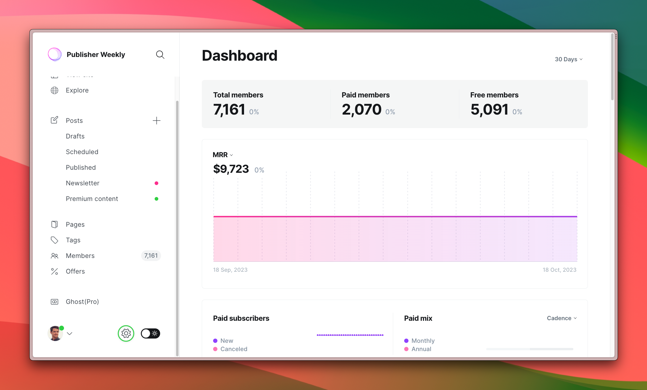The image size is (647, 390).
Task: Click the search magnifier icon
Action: pos(160,55)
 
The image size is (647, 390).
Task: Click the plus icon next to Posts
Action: pos(156,120)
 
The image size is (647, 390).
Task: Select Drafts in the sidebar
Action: pos(75,136)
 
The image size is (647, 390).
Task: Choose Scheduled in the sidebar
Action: pos(82,152)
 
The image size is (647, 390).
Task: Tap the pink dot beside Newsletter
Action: pos(156,183)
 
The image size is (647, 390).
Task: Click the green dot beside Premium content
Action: pos(156,199)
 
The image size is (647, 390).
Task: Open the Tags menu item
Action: pos(73,240)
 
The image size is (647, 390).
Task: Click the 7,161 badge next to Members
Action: pos(151,256)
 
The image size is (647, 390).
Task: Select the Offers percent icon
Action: pos(55,271)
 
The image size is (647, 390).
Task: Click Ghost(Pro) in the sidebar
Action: pos(82,301)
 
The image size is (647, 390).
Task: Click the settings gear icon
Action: pos(126,333)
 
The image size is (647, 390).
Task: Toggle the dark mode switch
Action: pos(150,333)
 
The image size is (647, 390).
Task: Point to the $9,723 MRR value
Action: pos(231,169)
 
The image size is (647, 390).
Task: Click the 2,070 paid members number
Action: pos(362,110)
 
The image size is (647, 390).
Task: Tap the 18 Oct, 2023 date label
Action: pos(559,270)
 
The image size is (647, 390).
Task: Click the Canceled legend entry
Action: pos(234,349)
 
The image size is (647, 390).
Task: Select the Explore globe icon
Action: pos(55,90)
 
